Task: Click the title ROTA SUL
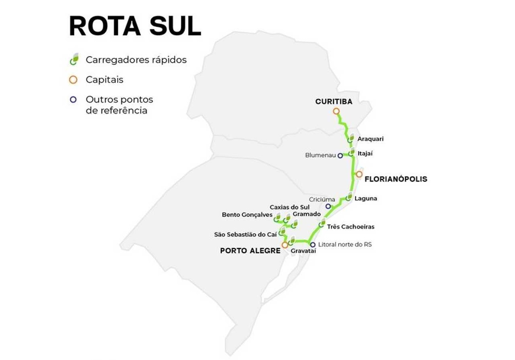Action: (135, 27)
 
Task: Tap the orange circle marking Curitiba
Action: (336, 111)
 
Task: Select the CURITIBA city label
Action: (334, 102)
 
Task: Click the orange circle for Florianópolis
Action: (359, 174)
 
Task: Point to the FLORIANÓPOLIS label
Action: (396, 179)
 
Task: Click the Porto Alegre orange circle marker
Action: (285, 245)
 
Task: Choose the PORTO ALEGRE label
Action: (250, 251)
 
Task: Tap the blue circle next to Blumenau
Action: (340, 155)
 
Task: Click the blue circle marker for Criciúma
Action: (328, 207)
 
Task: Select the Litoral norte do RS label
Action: (345, 244)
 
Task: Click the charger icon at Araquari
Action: (351, 139)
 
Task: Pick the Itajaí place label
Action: (365, 153)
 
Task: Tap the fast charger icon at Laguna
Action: (349, 197)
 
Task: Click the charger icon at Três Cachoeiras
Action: (323, 223)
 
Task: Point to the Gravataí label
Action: (301, 251)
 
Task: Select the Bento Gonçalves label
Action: (247, 215)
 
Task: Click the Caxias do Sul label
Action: (289, 207)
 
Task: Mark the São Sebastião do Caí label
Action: (245, 234)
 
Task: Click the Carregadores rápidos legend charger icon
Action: (74, 59)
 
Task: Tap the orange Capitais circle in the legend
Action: (73, 80)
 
